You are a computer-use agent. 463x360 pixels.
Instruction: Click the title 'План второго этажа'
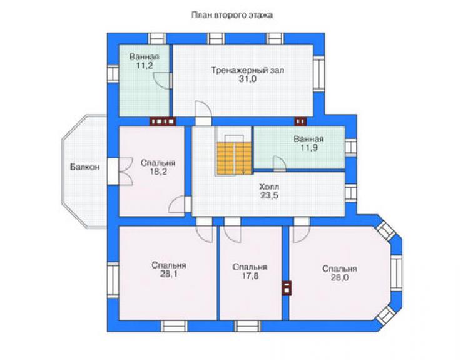click(x=232, y=15)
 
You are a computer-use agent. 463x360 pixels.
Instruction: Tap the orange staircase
click(x=234, y=158)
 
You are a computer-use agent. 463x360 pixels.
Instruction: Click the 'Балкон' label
click(x=84, y=167)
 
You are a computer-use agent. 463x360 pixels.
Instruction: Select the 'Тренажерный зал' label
click(x=247, y=71)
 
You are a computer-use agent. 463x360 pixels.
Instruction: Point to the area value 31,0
click(x=247, y=80)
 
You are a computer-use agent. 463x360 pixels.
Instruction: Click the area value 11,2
click(x=145, y=65)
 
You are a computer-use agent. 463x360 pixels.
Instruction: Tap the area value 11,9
click(x=309, y=148)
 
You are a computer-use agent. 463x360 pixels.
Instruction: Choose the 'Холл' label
click(x=269, y=187)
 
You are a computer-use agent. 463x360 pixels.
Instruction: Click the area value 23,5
click(x=269, y=195)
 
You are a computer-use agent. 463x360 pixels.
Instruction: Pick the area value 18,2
click(x=158, y=172)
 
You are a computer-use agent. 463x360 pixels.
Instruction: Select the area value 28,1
click(x=169, y=274)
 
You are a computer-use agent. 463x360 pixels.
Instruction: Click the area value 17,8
click(x=250, y=275)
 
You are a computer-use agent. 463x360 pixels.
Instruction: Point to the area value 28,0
click(x=339, y=277)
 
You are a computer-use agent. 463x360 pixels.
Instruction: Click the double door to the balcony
click(x=125, y=172)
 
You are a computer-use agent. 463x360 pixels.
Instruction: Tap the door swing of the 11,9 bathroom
click(x=279, y=163)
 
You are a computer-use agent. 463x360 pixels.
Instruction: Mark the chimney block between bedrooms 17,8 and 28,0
click(x=287, y=288)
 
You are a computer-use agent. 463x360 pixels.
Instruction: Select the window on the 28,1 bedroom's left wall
click(x=113, y=280)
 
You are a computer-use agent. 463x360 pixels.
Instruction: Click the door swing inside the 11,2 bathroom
click(x=162, y=80)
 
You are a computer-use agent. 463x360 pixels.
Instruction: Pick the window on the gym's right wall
click(x=319, y=74)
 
